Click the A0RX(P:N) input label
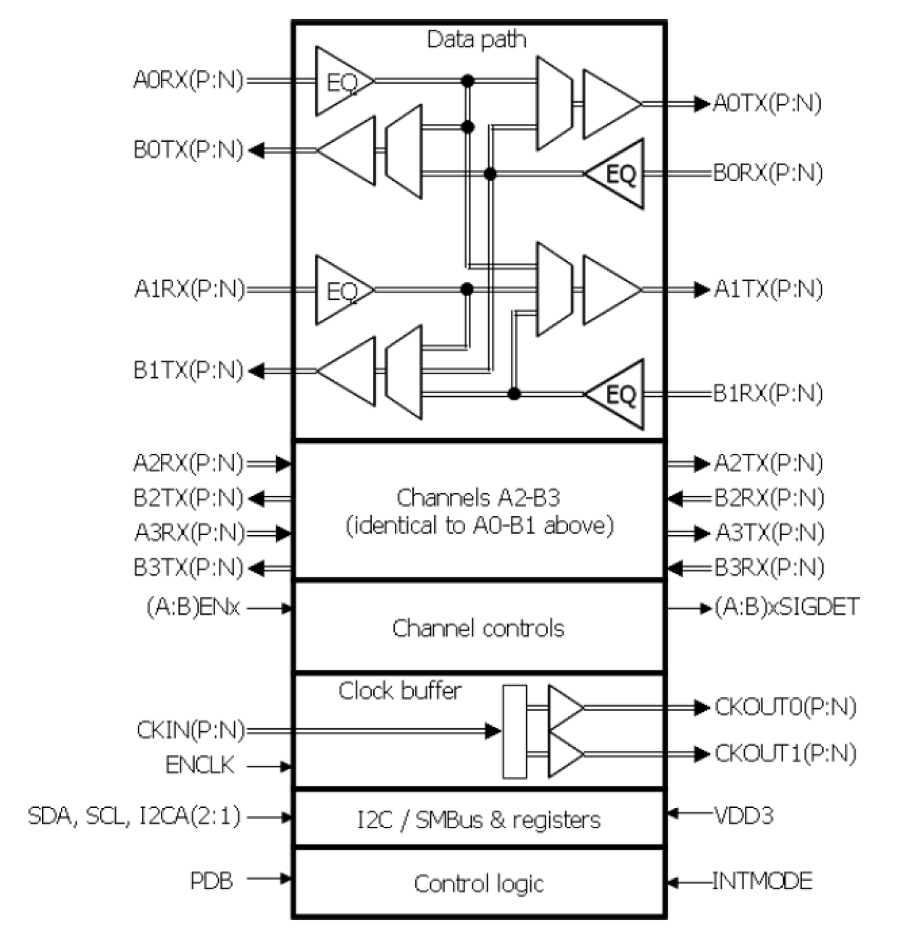tap(188, 80)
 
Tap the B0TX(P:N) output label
tap(188, 150)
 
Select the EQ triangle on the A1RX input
tap(343, 290)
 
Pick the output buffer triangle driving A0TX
tap(610, 104)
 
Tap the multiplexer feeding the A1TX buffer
tap(554, 289)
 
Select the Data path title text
tap(476, 39)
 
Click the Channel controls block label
tap(478, 628)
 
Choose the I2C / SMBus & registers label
tap(479, 820)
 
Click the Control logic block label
tap(479, 883)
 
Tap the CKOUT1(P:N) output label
tap(785, 753)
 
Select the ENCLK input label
tap(200, 765)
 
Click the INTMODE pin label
tap(762, 880)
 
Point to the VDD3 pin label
tap(743, 815)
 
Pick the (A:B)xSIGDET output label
tap(787, 607)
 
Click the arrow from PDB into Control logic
tap(270, 880)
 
